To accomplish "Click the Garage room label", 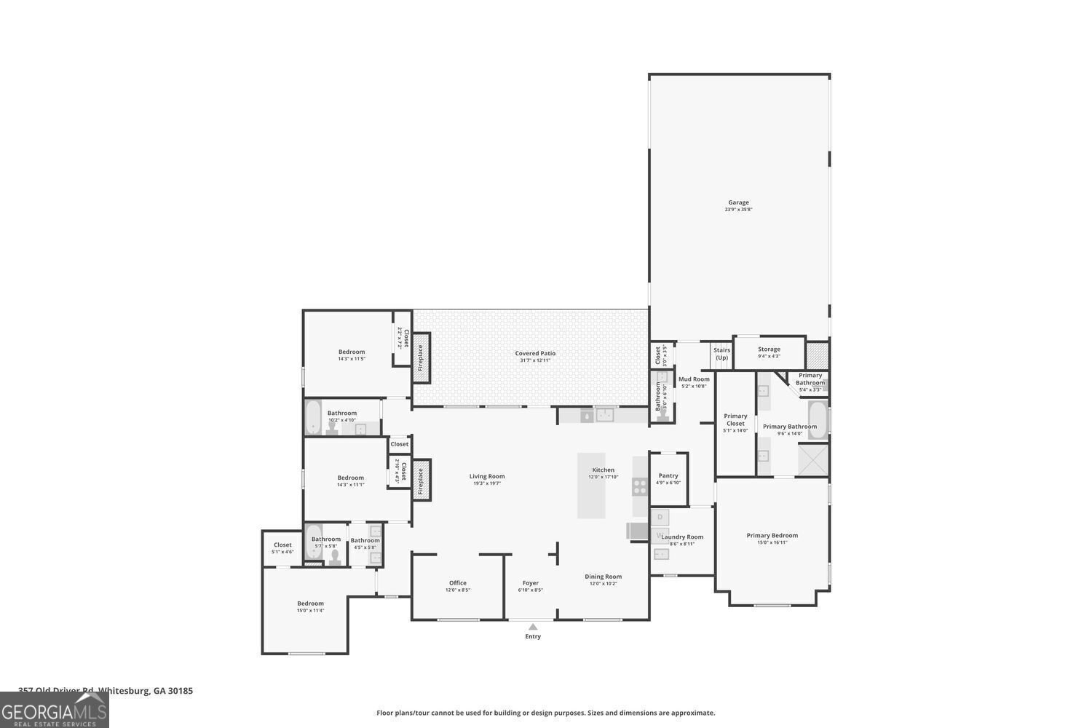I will coord(738,203).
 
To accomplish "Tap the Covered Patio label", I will coord(535,354).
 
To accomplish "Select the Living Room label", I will coord(487,477).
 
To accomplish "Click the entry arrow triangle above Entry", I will coord(533,627).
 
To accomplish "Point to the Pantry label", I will coord(668,476).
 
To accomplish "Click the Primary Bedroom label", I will coord(772,536).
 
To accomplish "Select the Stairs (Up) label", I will coord(721,354).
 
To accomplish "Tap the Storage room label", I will coord(769,349).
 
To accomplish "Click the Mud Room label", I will coord(694,379).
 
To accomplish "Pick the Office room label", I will coord(458,583).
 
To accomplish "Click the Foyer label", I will coord(531,583).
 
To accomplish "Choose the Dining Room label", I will coord(604,577).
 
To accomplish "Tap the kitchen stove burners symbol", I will coord(640,486).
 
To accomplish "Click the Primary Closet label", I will coord(735,419).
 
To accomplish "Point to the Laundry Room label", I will coord(682,537).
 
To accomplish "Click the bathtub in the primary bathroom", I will coord(818,421).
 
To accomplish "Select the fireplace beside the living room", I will coord(421,478).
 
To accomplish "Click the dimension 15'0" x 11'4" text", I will coord(310,611).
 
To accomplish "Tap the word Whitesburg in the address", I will coord(124,691).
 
